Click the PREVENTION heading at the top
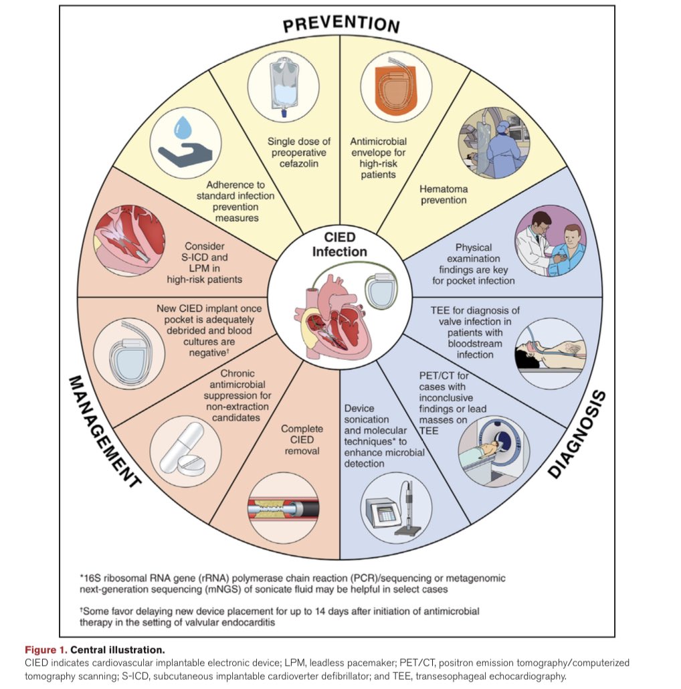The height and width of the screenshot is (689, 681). [340, 24]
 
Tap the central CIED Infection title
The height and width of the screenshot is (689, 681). [340, 245]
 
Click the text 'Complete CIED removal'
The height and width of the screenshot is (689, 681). [301, 439]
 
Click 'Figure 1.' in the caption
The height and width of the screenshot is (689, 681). [46, 650]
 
